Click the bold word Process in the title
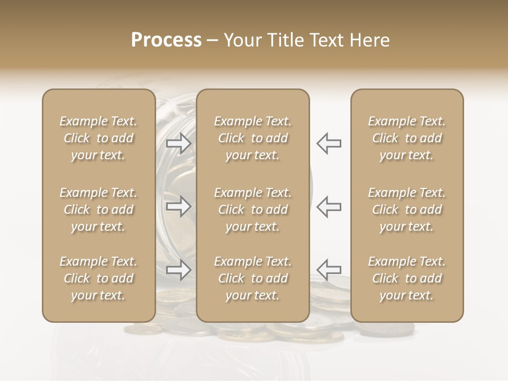[166, 40]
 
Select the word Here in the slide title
[369, 40]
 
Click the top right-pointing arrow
[179, 143]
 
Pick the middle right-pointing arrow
[179, 206]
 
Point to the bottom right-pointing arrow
[179, 270]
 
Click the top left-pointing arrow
[329, 143]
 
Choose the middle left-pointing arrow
[329, 206]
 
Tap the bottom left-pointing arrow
[329, 270]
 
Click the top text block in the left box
[98, 138]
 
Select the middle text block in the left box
[98, 210]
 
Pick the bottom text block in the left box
[98, 278]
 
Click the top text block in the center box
[253, 138]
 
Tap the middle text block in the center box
[253, 210]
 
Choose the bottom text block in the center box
[253, 278]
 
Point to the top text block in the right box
[407, 138]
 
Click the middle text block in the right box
[407, 210]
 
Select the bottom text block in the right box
[407, 278]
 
